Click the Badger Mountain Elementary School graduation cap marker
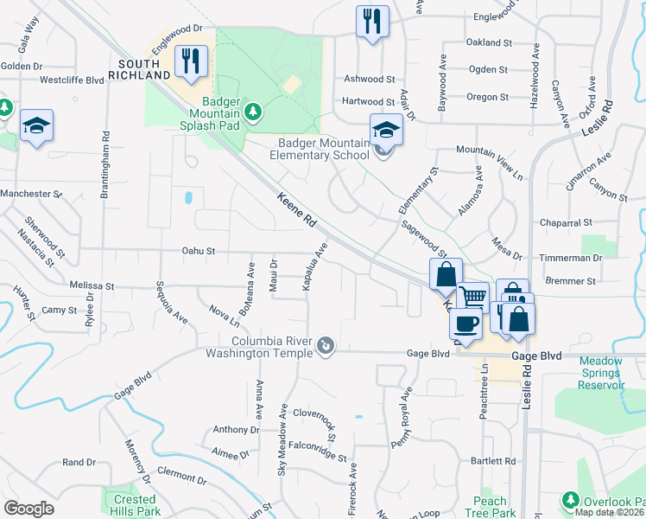(386, 131)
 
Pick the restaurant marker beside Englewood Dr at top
(372, 21)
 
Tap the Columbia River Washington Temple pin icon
(325, 347)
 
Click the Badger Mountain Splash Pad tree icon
(252, 111)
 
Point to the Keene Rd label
(295, 210)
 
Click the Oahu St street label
(199, 252)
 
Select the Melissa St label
(92, 285)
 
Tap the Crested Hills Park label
(134, 505)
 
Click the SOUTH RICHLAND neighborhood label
(145, 69)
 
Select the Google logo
(28, 508)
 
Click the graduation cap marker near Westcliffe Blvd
(37, 126)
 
